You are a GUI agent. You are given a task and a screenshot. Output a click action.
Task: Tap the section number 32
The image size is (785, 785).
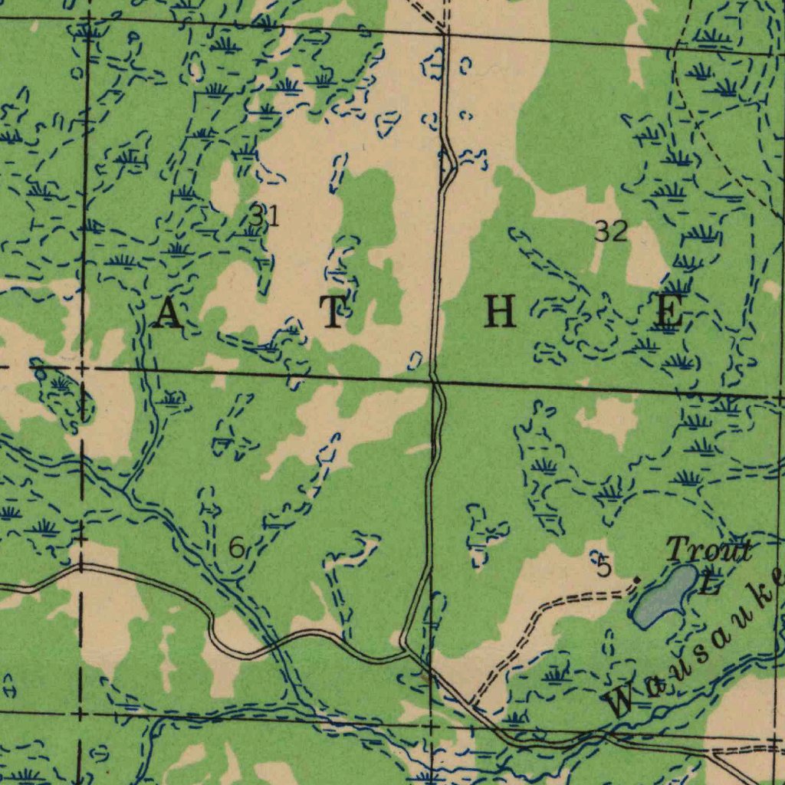coord(611,231)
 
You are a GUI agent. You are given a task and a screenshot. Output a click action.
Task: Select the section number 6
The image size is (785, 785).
coord(237,548)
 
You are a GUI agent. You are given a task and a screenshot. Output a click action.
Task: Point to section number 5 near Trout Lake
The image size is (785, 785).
coord(604,568)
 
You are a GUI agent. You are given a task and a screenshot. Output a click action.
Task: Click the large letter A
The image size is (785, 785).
coord(168,315)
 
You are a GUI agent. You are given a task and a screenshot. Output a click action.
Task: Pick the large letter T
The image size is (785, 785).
coord(332,314)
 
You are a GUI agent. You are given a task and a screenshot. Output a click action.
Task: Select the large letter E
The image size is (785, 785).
coord(668,314)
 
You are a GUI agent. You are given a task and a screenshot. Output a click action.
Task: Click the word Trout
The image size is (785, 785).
coord(708,550)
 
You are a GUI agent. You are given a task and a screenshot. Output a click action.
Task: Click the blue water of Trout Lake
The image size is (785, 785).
coord(664,593)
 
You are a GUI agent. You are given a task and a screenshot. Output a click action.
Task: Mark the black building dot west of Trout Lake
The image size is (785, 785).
coord(636,580)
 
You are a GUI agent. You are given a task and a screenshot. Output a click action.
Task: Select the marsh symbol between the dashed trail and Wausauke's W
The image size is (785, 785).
coord(556,675)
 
